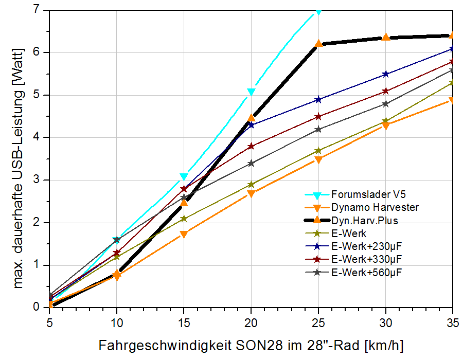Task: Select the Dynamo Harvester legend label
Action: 375,208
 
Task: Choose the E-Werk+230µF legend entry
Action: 366,246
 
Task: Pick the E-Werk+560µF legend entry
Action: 366,272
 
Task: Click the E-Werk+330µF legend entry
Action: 366,259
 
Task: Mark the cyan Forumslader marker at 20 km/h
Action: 251,92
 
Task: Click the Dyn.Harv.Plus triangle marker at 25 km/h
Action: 318,44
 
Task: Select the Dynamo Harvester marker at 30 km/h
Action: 386,125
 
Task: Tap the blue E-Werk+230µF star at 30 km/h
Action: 386,74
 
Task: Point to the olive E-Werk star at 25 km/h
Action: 318,151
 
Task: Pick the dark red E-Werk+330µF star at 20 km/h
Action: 251,146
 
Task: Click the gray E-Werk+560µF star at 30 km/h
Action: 386,104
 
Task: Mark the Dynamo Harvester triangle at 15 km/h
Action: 184,235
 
